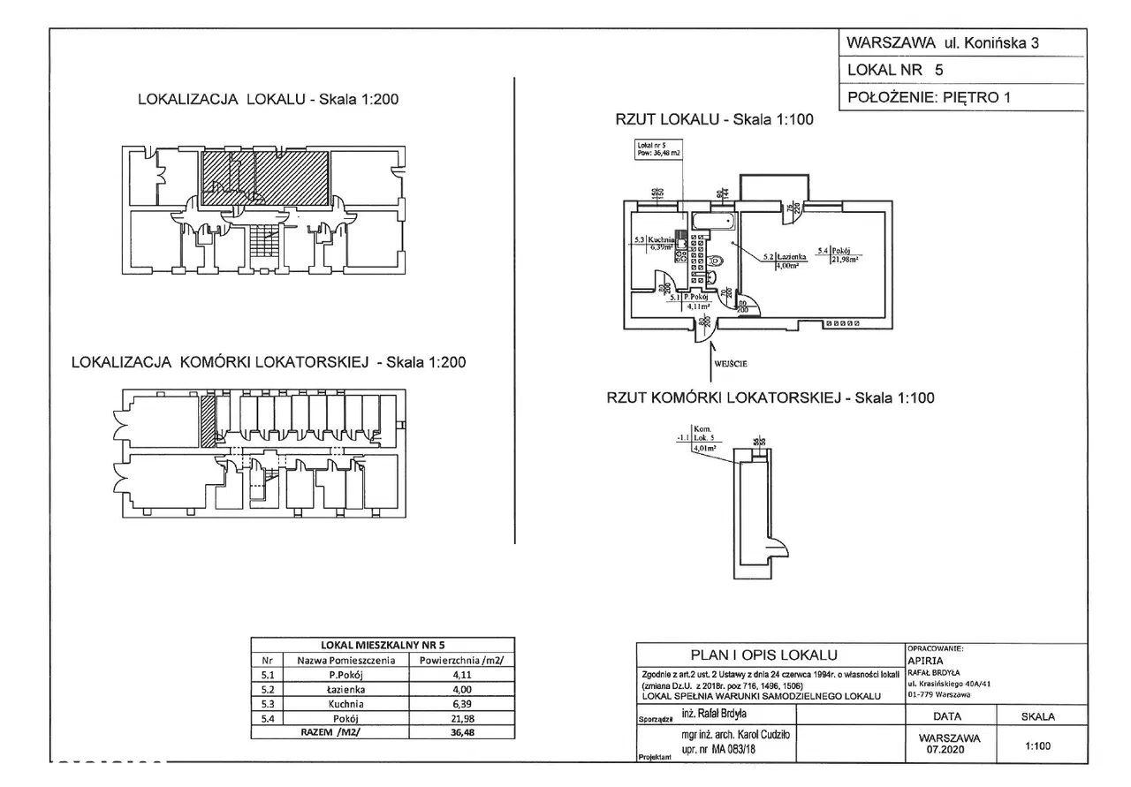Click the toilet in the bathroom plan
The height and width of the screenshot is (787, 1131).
(715, 261)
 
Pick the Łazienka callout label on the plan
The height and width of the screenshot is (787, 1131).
(788, 258)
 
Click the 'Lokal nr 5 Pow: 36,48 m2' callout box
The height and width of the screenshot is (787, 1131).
(657, 149)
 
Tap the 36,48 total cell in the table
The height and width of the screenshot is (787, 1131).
(457, 731)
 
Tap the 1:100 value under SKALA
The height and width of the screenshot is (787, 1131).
(1037, 745)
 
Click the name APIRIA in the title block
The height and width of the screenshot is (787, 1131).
(925, 659)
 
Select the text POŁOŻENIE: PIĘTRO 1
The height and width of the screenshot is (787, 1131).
(927, 98)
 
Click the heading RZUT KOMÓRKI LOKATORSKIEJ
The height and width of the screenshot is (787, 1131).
(770, 398)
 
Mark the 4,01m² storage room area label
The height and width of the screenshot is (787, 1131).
(703, 448)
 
